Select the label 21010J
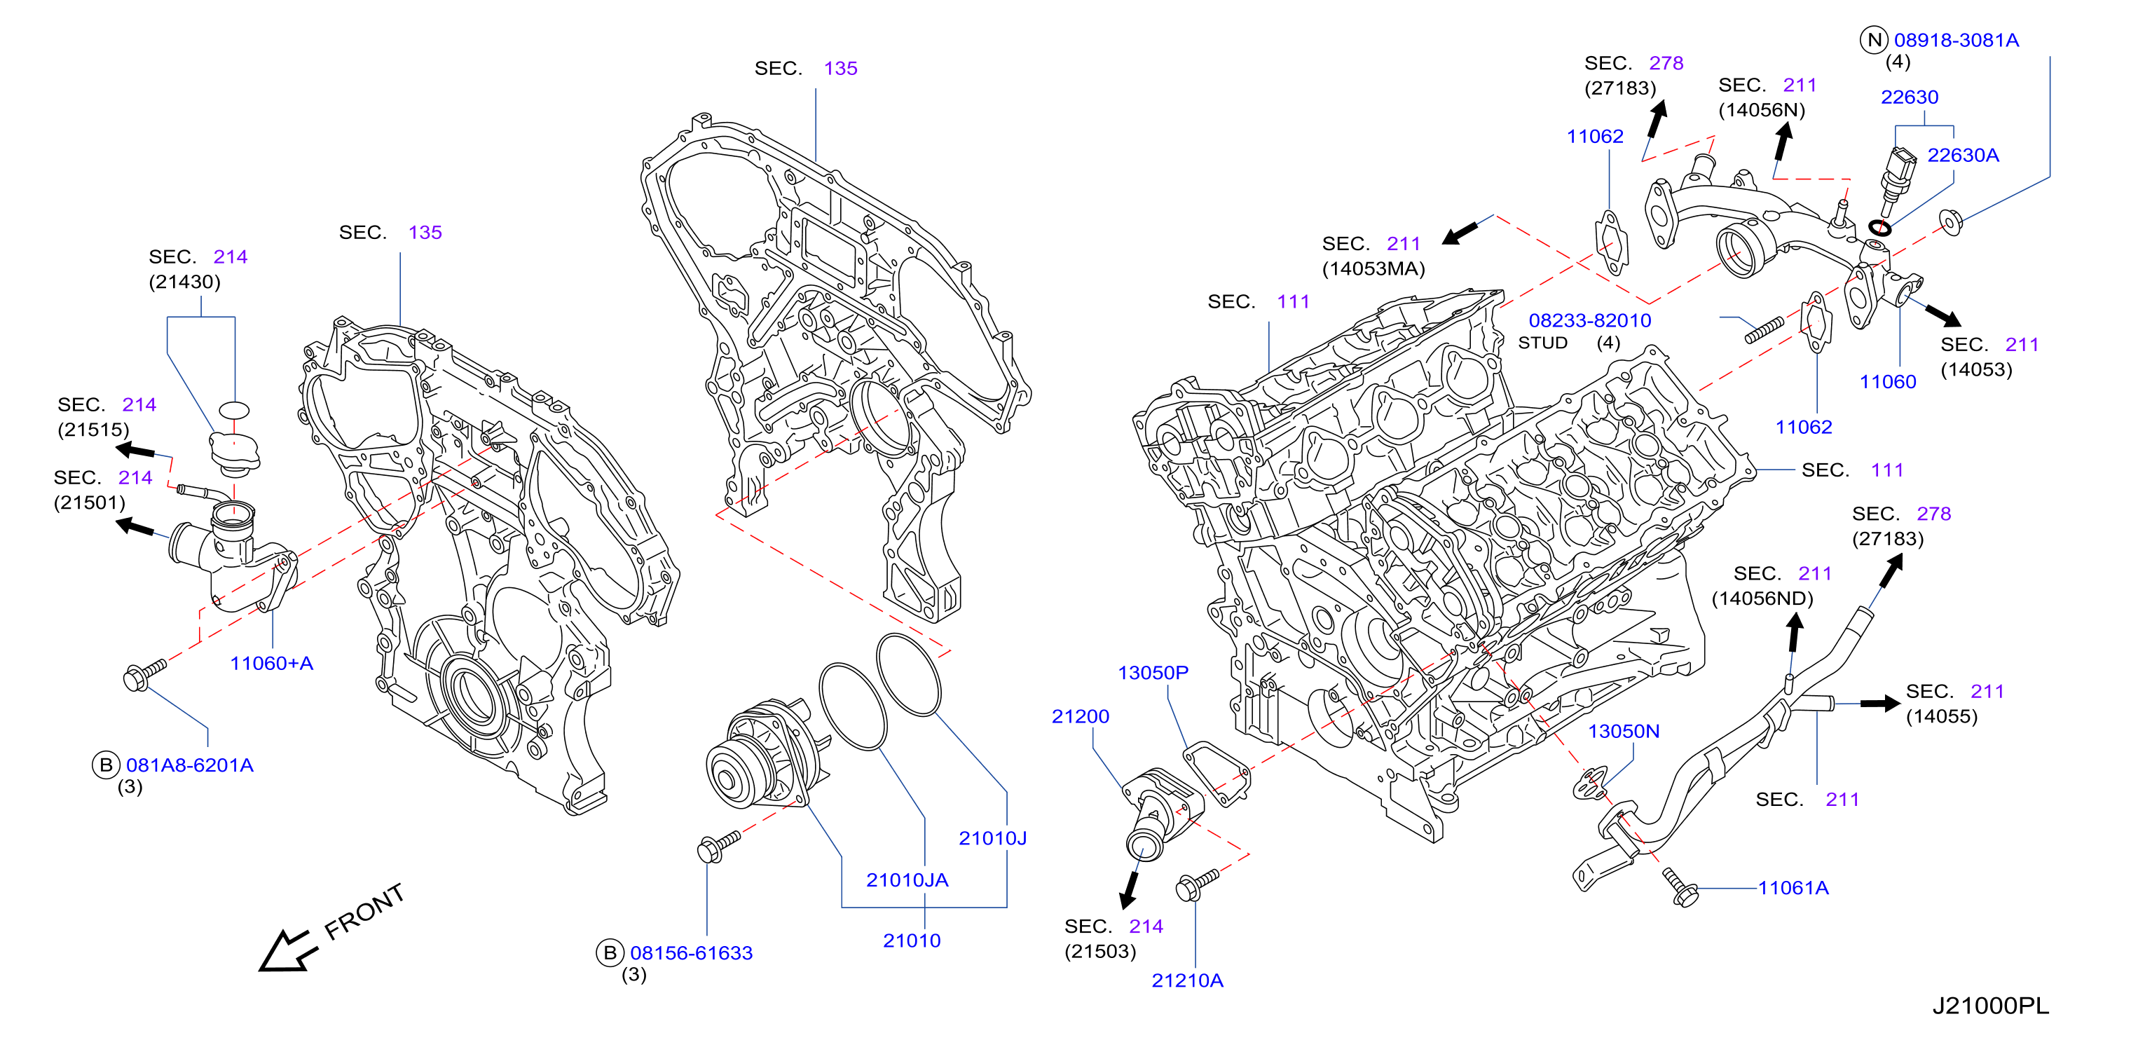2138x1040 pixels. tap(993, 838)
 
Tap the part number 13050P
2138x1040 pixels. tap(1153, 672)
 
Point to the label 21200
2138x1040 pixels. tap(1080, 716)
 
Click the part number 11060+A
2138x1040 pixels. tap(271, 663)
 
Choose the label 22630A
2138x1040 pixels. tap(1963, 155)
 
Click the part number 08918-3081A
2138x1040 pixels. tap(1957, 40)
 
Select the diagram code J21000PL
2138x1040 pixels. tap(1990, 1006)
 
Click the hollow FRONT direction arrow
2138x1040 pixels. tap(287, 951)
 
